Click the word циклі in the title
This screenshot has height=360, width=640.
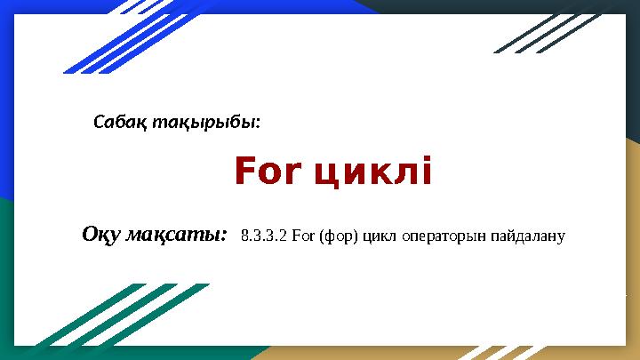click(372, 172)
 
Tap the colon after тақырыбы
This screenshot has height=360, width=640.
click(259, 123)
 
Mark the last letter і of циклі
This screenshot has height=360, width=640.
click(425, 172)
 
